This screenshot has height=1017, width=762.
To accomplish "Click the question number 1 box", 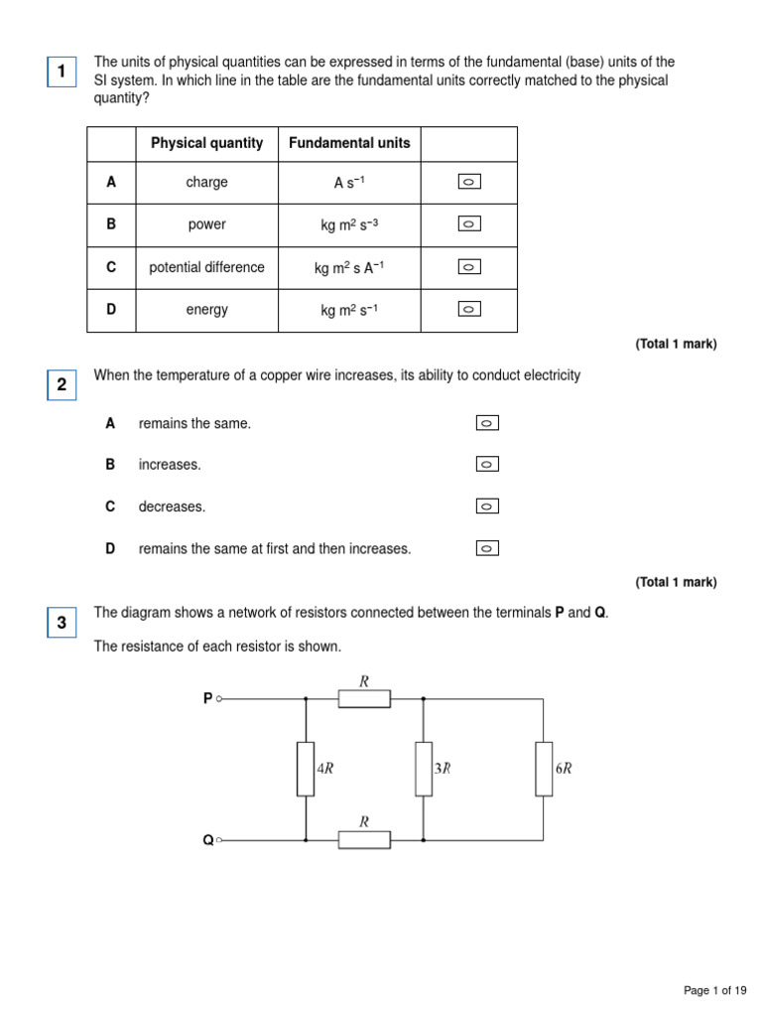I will click(62, 72).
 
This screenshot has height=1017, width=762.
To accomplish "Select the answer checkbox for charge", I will click(469, 182).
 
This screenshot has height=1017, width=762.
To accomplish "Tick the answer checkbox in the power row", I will click(469, 224).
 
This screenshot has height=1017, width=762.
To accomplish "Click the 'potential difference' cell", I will click(206, 267).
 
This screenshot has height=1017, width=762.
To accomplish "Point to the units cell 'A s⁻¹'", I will click(349, 183).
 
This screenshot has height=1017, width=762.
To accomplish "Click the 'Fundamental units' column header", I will click(349, 143).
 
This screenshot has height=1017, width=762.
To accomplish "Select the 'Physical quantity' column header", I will click(206, 143).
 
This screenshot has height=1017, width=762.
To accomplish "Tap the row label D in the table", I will click(112, 310).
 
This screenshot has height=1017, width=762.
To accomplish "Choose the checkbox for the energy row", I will click(469, 310).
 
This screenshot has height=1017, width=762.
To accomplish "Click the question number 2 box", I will click(62, 384).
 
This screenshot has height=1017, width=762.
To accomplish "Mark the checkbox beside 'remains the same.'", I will click(487, 423).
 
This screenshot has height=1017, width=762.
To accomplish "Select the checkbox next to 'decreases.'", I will click(487, 507).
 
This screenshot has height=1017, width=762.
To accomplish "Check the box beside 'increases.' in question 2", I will click(487, 464).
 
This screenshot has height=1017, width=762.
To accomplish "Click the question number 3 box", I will click(62, 624).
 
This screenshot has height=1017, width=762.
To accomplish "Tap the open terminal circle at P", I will click(219, 698).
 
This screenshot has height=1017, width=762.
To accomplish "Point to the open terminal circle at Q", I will click(219, 839).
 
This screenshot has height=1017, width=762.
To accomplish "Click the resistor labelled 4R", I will click(306, 769).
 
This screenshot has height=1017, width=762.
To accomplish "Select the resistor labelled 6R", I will click(544, 769).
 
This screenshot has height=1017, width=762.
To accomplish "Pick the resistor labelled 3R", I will click(424, 769).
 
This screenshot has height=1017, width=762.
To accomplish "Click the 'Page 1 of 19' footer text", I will click(715, 990).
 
